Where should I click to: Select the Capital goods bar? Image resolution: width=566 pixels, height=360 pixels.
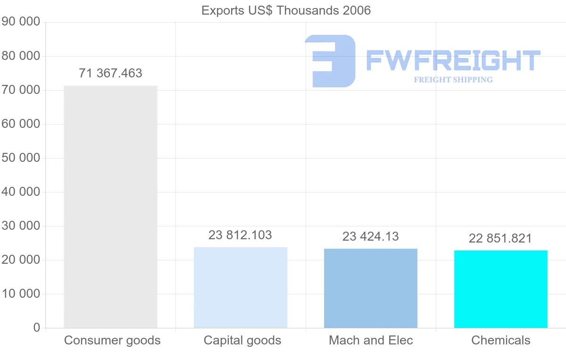(x=241, y=287)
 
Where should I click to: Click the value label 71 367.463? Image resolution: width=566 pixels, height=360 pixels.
(x=110, y=74)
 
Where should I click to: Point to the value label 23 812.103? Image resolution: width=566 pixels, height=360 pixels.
(x=241, y=235)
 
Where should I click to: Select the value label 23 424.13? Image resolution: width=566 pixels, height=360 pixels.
(x=371, y=236)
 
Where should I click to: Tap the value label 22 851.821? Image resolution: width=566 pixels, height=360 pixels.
(x=500, y=238)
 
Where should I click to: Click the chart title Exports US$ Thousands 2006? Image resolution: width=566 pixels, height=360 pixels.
(x=286, y=10)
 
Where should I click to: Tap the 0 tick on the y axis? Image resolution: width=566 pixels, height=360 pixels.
(x=37, y=328)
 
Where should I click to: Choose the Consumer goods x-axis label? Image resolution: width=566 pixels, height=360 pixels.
(x=112, y=340)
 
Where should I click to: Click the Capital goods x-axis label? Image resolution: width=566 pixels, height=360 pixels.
(x=242, y=340)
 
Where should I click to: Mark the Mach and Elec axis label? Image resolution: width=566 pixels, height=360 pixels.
(x=371, y=340)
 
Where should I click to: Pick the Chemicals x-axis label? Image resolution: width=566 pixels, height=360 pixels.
(x=501, y=340)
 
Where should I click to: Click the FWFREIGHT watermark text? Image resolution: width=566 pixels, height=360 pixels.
(x=453, y=61)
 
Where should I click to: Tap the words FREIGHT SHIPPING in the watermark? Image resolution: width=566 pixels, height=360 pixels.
(x=453, y=80)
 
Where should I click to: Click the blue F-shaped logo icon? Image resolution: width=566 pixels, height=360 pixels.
(x=330, y=61)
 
